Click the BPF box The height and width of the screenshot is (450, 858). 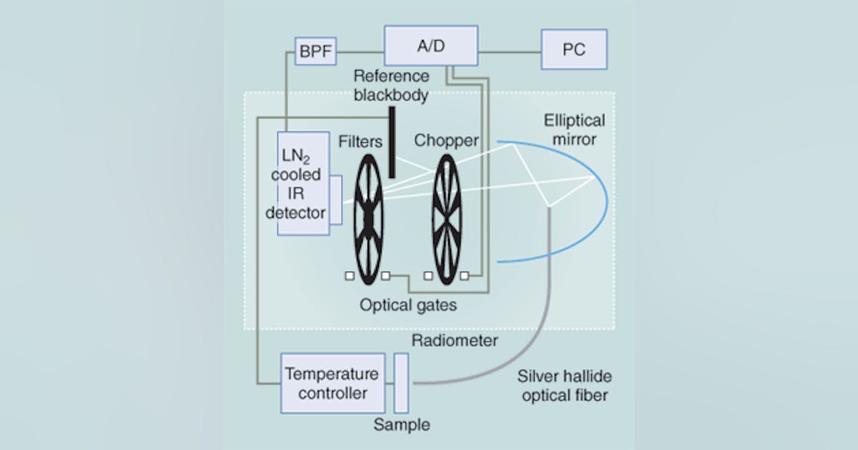(315, 51)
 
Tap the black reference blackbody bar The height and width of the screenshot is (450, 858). (392, 142)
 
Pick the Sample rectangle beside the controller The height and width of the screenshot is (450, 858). (401, 383)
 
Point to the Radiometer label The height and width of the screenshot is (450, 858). (455, 341)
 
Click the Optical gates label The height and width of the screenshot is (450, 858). (409, 305)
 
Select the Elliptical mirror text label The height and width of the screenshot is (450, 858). (573, 130)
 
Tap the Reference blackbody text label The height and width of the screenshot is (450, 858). (391, 85)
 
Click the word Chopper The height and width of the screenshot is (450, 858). (445, 141)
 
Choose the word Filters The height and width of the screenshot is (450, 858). (360, 141)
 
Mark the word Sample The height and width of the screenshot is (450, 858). (402, 426)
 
